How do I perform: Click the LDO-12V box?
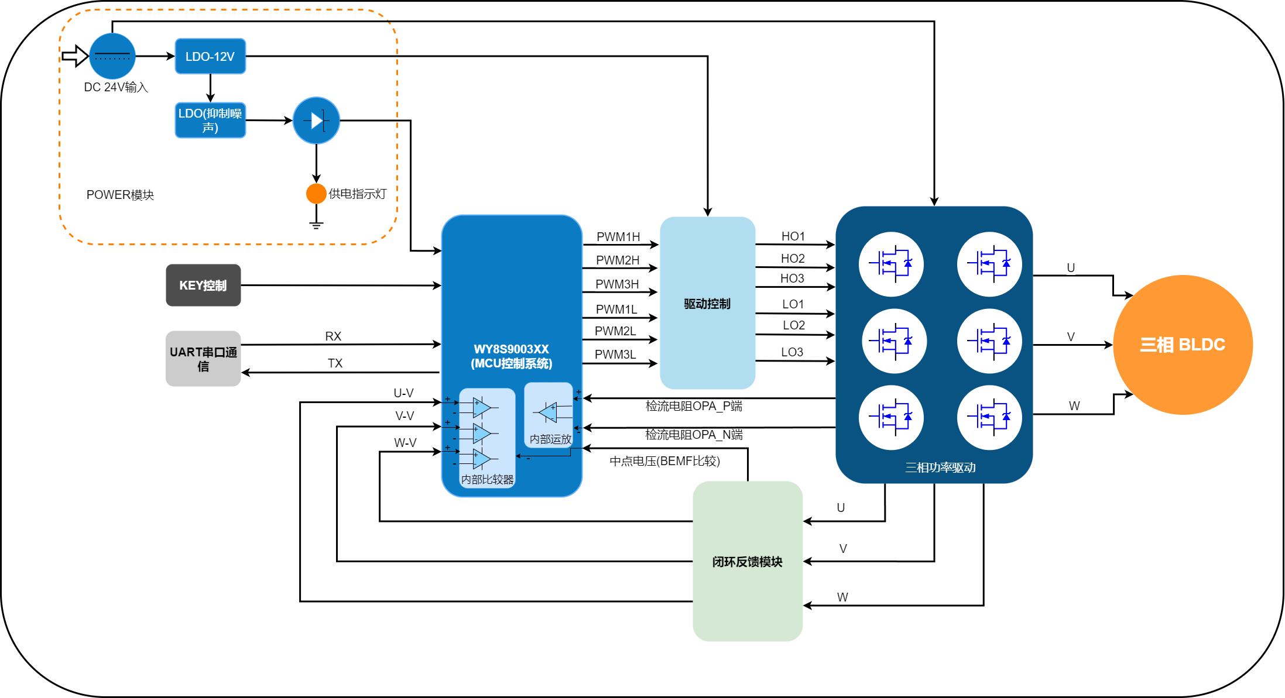click(x=210, y=56)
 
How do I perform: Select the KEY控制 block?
click(x=203, y=285)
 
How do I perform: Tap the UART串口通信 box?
click(x=203, y=359)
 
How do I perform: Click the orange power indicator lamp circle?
click(x=316, y=194)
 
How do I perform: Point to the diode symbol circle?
click(x=316, y=121)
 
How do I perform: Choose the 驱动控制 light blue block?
click(x=707, y=303)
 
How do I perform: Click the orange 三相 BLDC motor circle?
click(x=1183, y=345)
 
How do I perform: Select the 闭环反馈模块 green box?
click(x=747, y=561)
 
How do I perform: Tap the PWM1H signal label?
click(x=618, y=237)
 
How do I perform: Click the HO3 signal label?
click(x=792, y=278)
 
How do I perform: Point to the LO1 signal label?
click(x=793, y=304)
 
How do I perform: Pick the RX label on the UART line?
click(x=333, y=336)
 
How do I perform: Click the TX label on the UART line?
click(x=335, y=363)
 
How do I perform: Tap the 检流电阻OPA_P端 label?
click(x=694, y=406)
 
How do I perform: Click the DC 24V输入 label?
click(x=116, y=87)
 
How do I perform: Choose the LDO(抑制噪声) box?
click(x=210, y=121)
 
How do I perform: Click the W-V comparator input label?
click(x=405, y=443)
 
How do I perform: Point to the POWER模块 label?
click(x=120, y=195)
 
